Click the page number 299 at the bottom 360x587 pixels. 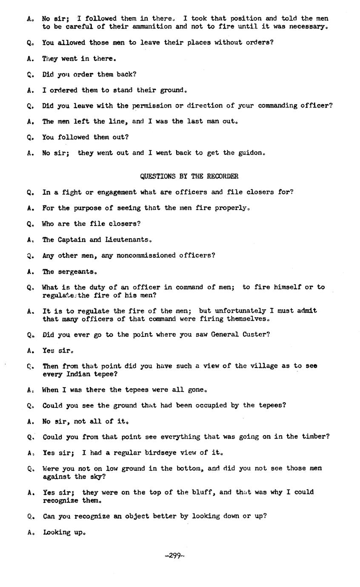pyautogui.click(x=174, y=555)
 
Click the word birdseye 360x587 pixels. pyautogui.click(x=163, y=453)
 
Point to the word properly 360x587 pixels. pyautogui.click(x=232, y=208)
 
